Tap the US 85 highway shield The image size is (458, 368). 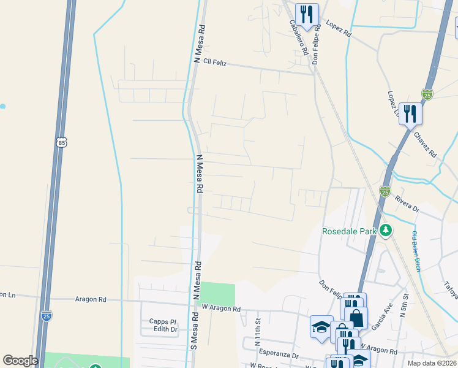point(61,143)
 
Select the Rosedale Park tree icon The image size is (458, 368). point(386,231)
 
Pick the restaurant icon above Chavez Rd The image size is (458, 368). point(410,113)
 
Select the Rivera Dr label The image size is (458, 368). point(407,204)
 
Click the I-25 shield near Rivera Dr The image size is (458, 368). point(385,191)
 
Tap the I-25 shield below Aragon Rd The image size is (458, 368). point(47,315)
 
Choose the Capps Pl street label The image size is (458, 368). point(163,321)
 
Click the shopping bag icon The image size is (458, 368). point(357,318)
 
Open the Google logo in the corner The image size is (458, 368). point(20,361)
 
